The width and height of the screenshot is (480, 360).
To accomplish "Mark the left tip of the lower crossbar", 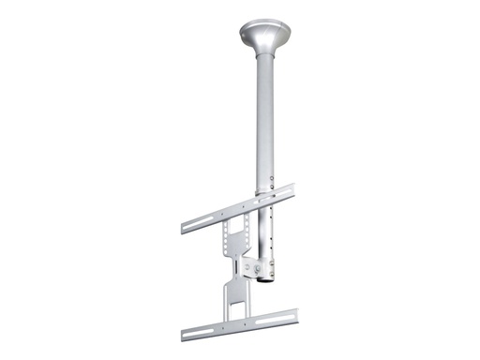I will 184,336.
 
